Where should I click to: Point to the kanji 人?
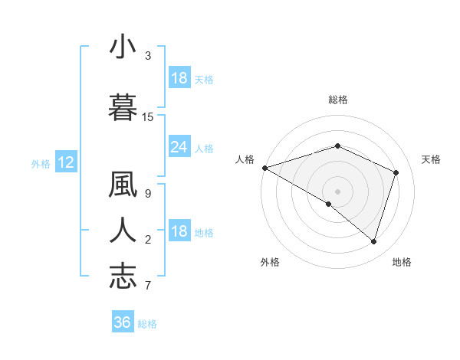coord(123,229)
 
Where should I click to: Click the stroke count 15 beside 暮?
coord(148,117)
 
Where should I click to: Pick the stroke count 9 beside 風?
coord(147,193)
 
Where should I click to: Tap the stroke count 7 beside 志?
coord(147,286)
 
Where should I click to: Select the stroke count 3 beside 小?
coord(147,56)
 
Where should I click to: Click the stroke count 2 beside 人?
coord(147,240)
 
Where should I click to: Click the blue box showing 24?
coord(179,147)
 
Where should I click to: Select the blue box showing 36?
coord(122,322)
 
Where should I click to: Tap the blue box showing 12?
coord(65,162)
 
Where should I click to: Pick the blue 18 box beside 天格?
coord(179,78)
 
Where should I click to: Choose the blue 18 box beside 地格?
coord(179,232)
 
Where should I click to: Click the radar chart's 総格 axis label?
coord(337,100)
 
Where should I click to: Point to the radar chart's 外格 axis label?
coord(270,262)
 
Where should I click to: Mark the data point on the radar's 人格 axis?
coord(264,168)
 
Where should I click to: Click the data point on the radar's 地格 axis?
coord(374,242)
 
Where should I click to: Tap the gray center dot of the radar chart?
coord(337,191)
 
